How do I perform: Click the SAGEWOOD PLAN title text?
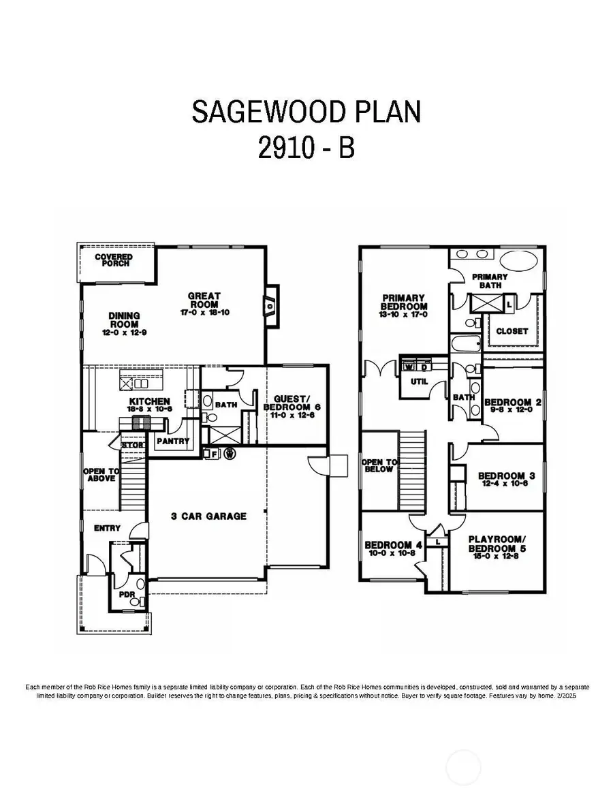pos(306,112)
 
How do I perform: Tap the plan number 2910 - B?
pos(306,149)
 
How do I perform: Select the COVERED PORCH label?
pos(114,260)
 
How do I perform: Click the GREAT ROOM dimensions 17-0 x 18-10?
pos(204,313)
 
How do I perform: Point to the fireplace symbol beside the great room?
pos(271,307)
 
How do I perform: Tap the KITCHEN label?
pos(148,401)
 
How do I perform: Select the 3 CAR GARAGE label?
pos(208,516)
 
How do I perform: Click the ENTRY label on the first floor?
pos(107,528)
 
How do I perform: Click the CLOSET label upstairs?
pos(512,331)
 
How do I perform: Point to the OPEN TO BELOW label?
pos(377,465)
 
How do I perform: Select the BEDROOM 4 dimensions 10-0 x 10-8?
pos(393,553)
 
